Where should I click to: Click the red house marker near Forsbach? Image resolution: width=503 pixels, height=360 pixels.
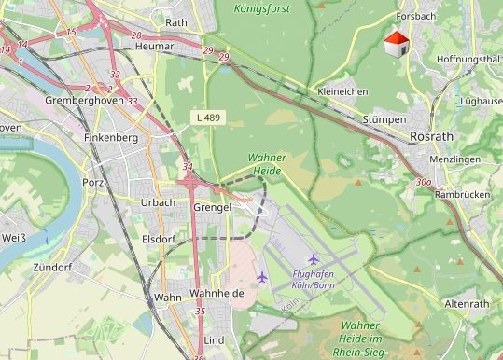click(x=397, y=44)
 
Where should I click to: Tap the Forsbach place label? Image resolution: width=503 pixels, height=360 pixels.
click(x=415, y=17)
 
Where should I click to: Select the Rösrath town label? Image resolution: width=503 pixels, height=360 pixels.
click(x=431, y=136)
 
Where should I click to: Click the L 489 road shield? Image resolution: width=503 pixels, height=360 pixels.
click(x=209, y=117)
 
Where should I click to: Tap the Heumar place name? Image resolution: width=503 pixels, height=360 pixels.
click(x=154, y=46)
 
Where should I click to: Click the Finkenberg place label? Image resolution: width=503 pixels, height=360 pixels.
click(x=109, y=138)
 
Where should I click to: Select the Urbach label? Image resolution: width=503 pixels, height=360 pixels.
click(x=157, y=202)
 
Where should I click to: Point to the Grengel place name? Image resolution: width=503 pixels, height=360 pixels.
click(x=211, y=206)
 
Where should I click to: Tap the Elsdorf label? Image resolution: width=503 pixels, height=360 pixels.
click(x=159, y=238)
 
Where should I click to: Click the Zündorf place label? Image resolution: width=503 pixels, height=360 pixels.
click(x=52, y=268)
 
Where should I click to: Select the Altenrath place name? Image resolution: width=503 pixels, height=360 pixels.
click(x=468, y=304)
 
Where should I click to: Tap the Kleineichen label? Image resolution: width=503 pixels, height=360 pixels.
click(x=342, y=91)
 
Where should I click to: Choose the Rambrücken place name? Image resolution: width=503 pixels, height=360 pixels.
click(x=458, y=195)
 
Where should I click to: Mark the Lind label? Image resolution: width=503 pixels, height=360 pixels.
click(x=214, y=340)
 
